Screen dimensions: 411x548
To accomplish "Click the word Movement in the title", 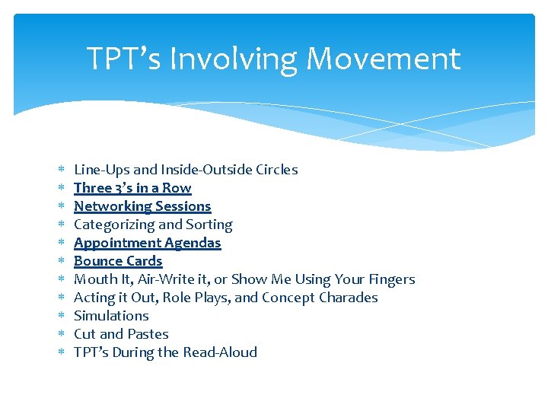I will [x=385, y=59].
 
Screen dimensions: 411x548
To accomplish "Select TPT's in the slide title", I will [x=124, y=59].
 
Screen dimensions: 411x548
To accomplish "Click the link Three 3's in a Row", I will [x=132, y=188].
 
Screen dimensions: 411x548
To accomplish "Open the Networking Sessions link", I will [x=142, y=206].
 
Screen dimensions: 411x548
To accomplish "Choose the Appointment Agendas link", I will [x=147, y=243].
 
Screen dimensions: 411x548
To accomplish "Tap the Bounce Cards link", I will [x=118, y=261].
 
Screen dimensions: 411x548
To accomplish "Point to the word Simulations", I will [x=111, y=316].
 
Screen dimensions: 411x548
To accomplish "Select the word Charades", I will [x=349, y=298].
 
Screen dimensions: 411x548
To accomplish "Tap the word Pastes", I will [x=148, y=334].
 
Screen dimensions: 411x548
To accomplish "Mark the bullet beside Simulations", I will [x=61, y=316].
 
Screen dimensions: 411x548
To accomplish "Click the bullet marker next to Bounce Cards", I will [x=61, y=261].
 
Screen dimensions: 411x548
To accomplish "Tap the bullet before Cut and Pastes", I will [x=61, y=334].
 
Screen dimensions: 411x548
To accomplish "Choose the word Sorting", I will [x=209, y=225].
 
